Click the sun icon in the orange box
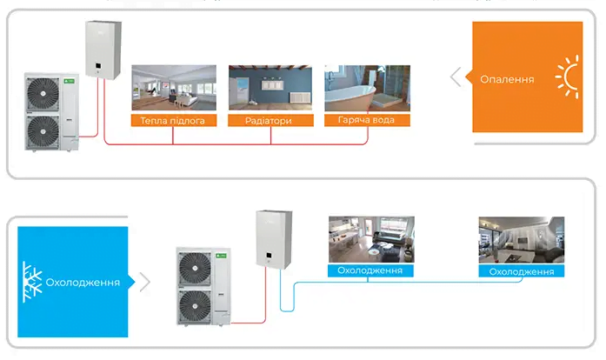[x=570, y=79]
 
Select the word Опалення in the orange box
[x=507, y=79]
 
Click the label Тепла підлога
[x=173, y=120]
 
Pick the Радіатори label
[x=270, y=120]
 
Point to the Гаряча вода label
[x=366, y=120]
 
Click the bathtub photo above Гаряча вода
[x=366, y=89]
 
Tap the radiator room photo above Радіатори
[x=270, y=89]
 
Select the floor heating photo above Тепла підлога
[x=173, y=89]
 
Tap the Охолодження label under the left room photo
[x=370, y=270]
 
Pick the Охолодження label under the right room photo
[x=522, y=271]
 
